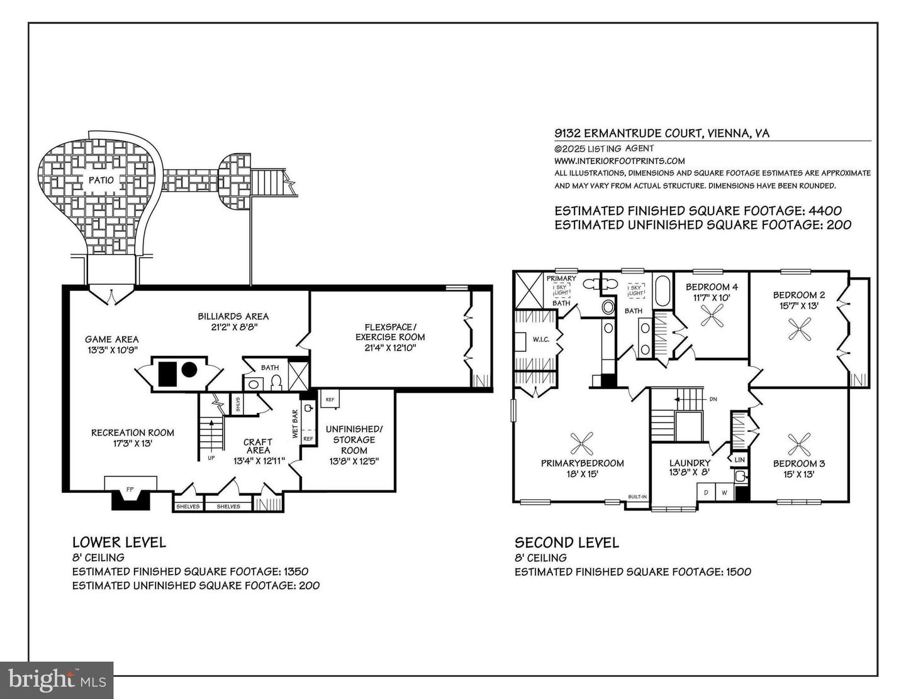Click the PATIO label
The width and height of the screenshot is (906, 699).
tap(101, 180)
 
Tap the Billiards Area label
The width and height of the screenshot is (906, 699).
tap(233, 316)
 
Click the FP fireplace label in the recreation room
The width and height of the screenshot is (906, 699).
tap(130, 488)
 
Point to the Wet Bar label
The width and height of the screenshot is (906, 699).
tap(294, 424)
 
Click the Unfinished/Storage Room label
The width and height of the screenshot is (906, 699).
tap(354, 439)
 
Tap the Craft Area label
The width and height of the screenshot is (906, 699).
tap(258, 446)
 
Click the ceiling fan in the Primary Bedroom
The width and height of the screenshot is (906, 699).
tap(582, 444)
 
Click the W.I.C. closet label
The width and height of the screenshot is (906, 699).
tap(541, 339)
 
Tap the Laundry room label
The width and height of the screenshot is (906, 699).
tap(690, 463)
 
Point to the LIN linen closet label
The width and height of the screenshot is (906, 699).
tap(739, 460)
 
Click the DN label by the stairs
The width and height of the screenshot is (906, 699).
tap(713, 399)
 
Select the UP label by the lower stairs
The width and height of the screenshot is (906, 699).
tap(211, 458)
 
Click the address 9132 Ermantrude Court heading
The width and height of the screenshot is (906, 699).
tap(661, 133)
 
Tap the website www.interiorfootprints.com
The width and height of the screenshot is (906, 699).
tap(619, 161)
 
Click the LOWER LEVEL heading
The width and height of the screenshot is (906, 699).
tap(119, 542)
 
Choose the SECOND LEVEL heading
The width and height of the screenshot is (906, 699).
tap(566, 542)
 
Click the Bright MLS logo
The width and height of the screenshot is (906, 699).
tap(57, 680)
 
